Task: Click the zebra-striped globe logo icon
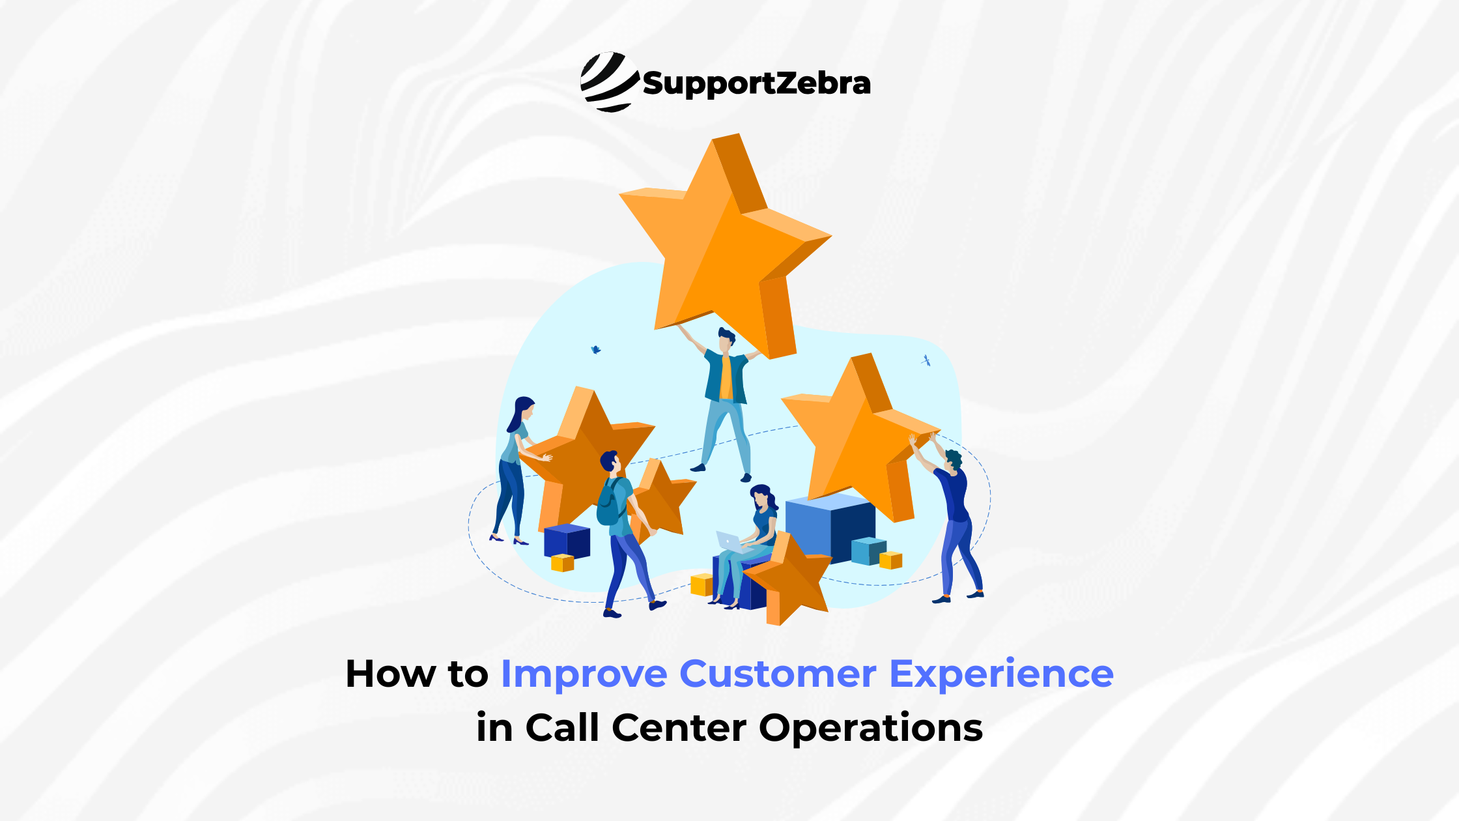coord(608,82)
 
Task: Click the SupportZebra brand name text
coord(756,84)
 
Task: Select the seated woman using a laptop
coord(756,541)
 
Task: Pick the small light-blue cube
coord(869,551)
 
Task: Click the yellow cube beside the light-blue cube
coord(891,560)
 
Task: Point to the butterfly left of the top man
coord(595,350)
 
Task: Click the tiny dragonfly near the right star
coord(926,360)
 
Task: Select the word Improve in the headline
coord(584,674)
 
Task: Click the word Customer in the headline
coord(778,674)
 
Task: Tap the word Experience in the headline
coord(1001,674)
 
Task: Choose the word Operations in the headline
coord(871,728)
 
